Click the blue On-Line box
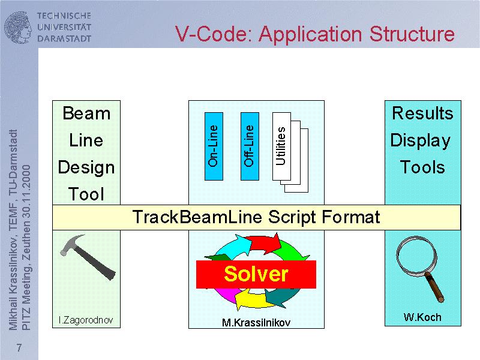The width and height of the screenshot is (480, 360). (214, 146)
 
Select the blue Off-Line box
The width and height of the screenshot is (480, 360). (250, 146)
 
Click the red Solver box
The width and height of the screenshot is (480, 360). (256, 274)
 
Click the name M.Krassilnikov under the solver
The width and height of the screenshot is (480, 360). (256, 323)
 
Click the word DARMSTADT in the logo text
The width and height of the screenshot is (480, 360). (64, 38)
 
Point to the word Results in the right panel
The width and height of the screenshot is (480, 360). (422, 113)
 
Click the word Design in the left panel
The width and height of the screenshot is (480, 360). (86, 167)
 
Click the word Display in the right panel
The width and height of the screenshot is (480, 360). (421, 140)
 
